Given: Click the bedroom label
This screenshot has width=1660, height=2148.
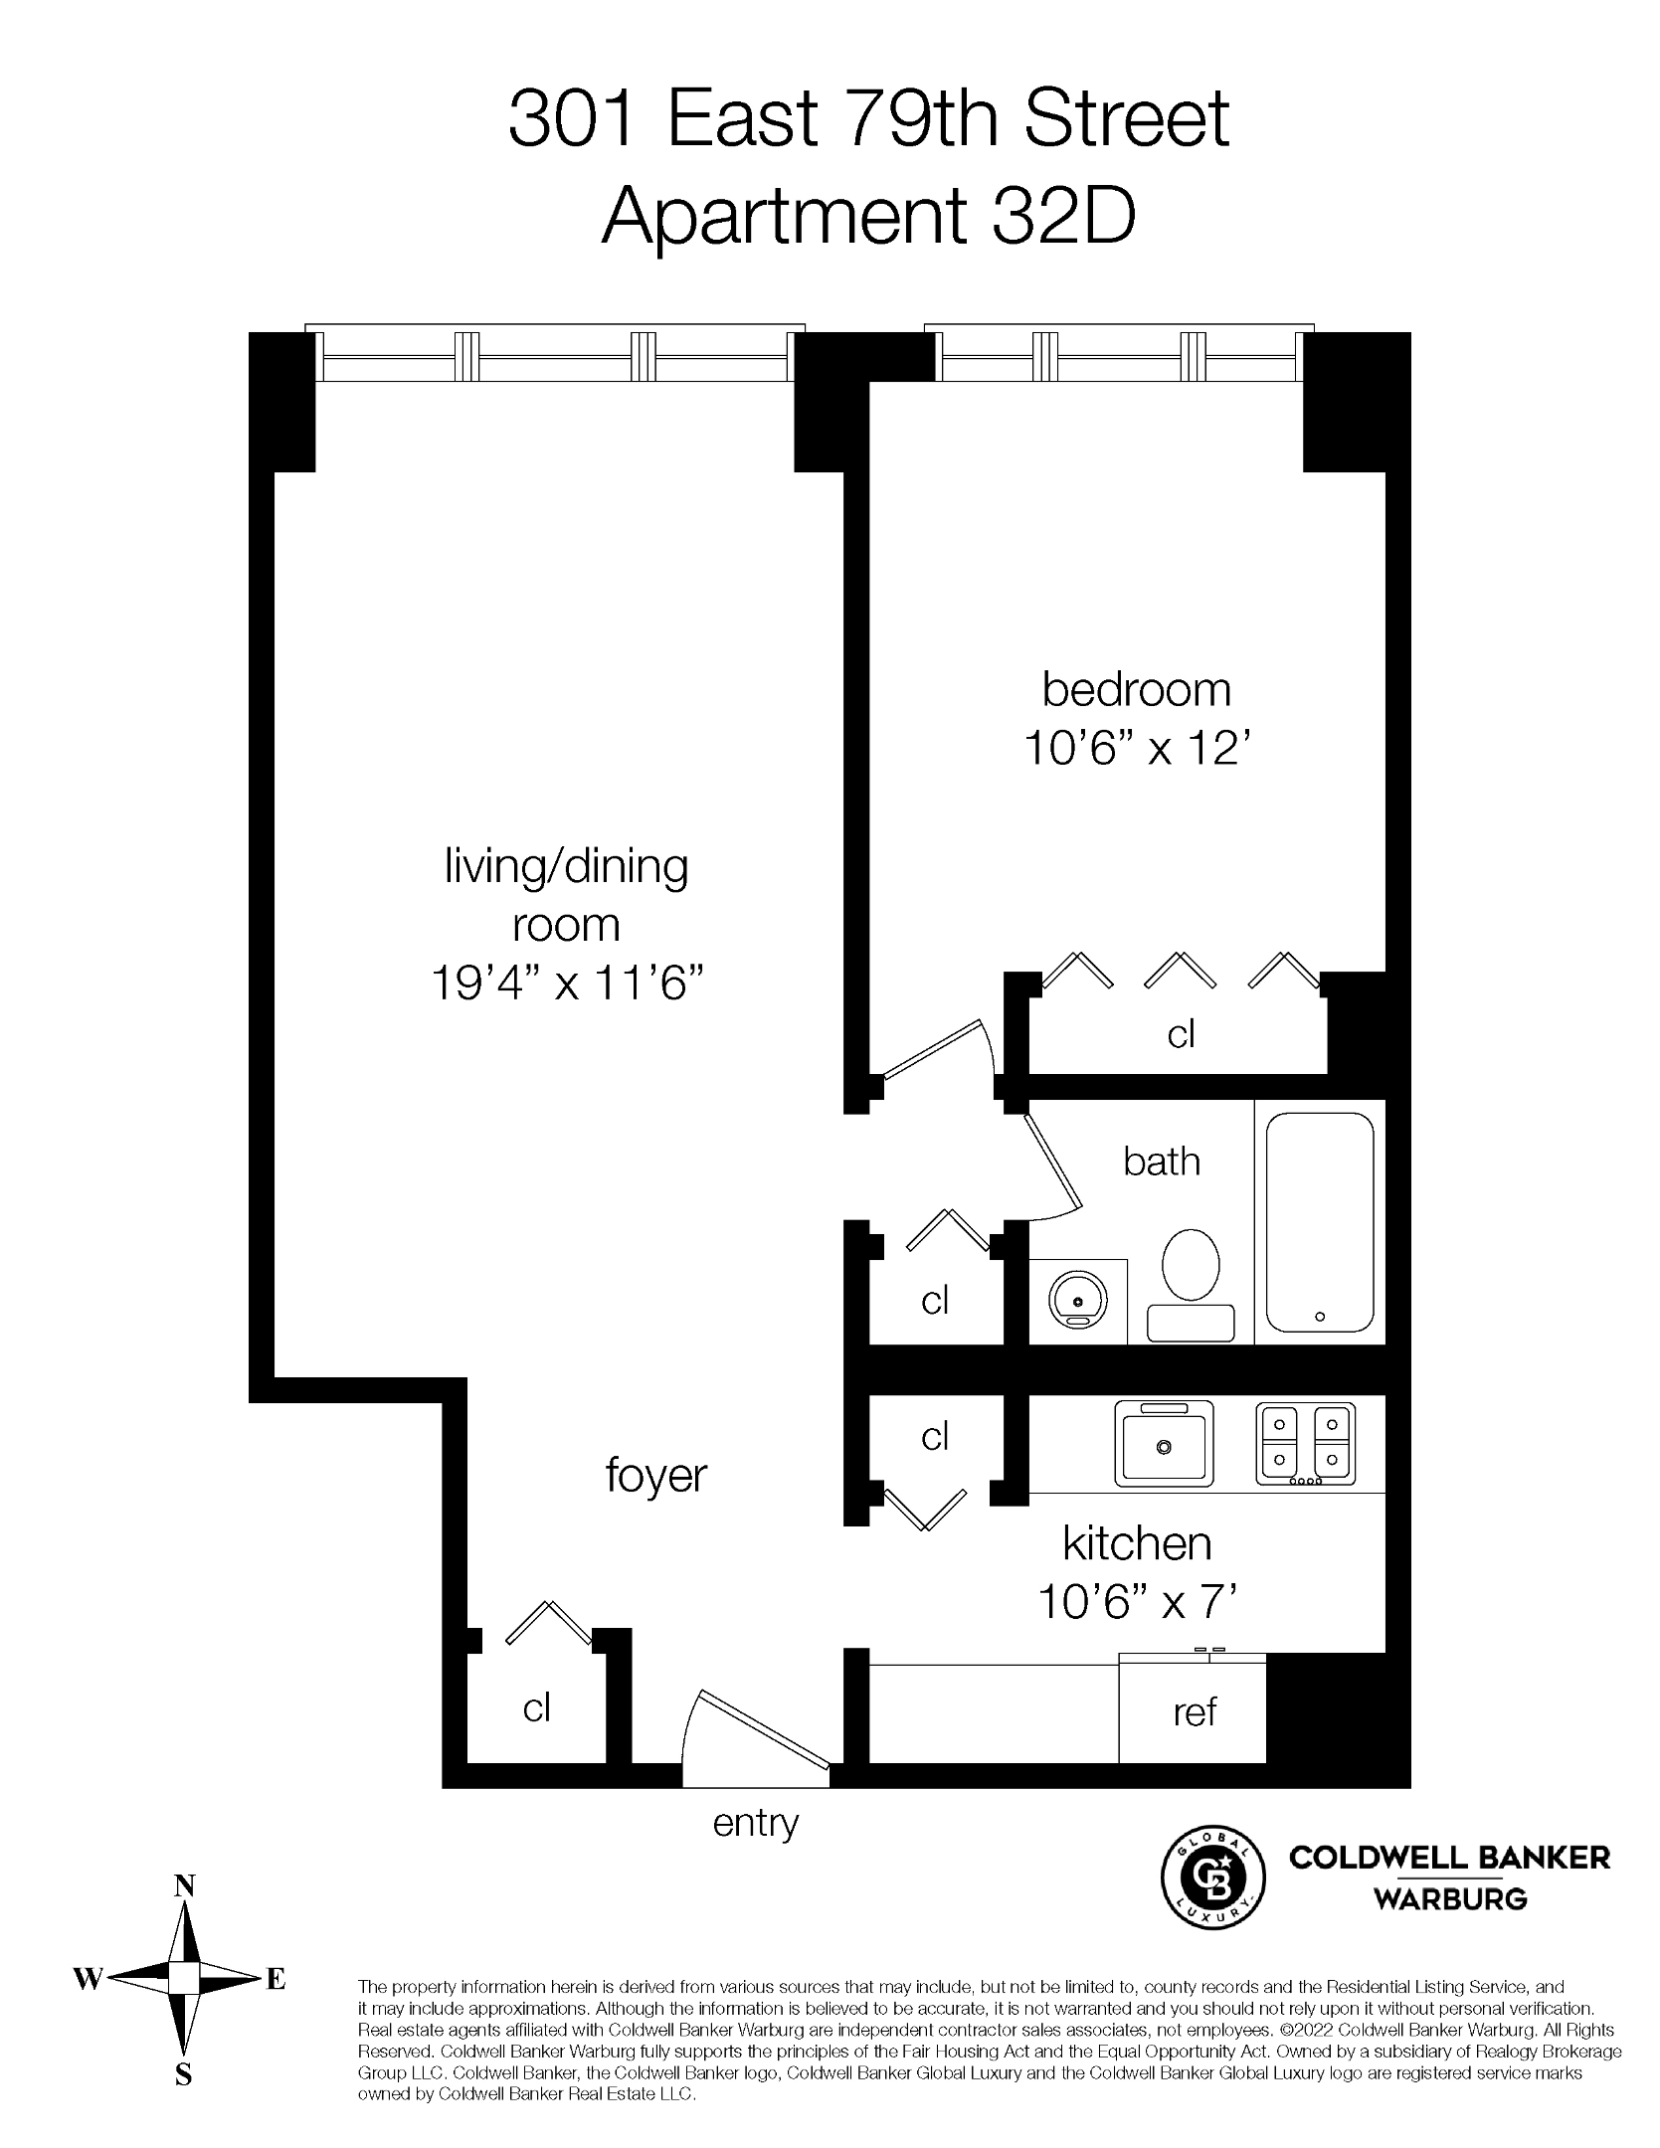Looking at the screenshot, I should [x=1136, y=690].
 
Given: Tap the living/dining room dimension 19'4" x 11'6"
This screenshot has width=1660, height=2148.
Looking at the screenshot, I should [x=567, y=984].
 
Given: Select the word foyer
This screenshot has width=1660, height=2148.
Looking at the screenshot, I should [x=655, y=1475].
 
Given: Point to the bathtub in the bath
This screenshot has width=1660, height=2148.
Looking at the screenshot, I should [x=1319, y=1221].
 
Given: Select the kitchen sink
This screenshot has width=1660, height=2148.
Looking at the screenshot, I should [x=1164, y=1442].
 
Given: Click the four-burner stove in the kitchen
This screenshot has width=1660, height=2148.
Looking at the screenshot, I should [x=1305, y=1443].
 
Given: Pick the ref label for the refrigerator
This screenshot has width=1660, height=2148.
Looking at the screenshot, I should [x=1194, y=1711].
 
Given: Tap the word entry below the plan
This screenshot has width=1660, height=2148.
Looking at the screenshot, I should [x=756, y=1823].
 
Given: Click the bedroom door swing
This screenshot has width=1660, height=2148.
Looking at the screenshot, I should [x=940, y=1052].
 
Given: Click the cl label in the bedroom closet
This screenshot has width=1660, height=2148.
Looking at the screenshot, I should [x=1181, y=1034].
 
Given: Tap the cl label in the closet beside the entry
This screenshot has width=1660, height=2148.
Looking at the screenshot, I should [x=537, y=1707].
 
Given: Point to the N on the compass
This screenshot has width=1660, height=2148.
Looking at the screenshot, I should [x=184, y=1884].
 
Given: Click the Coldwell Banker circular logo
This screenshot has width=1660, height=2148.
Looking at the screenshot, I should [x=1213, y=1878].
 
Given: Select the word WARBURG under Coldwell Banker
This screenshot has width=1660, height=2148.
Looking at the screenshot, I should [x=1449, y=1899].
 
